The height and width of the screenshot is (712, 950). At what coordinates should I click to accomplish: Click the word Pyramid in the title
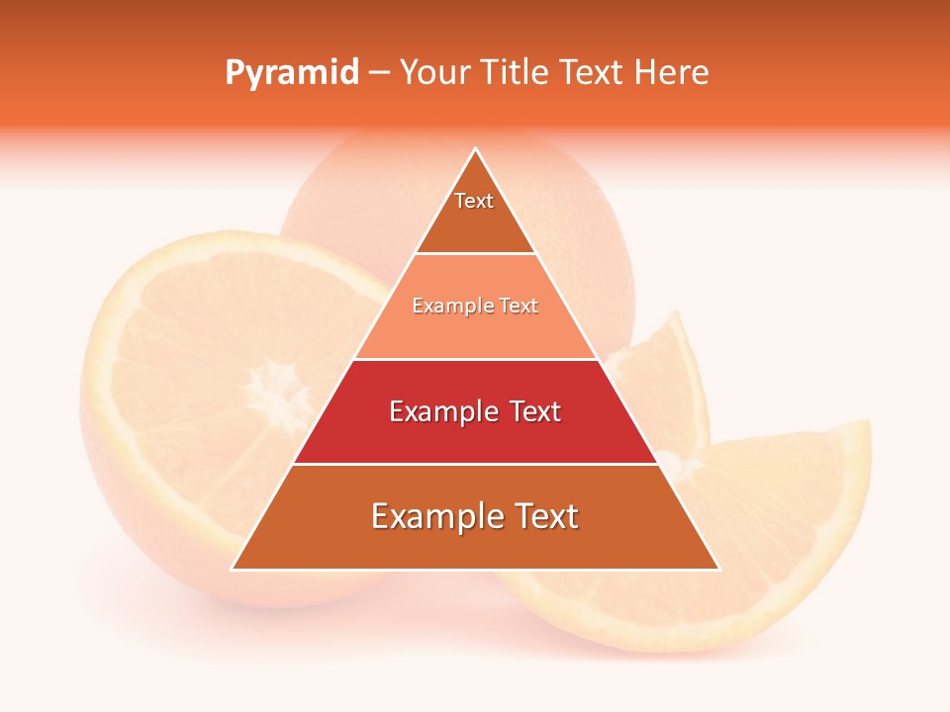292,73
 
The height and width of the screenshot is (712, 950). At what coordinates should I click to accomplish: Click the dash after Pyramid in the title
379,73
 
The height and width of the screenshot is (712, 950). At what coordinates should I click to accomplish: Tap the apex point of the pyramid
475,149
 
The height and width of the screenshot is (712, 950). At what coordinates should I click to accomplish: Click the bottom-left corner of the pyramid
233,569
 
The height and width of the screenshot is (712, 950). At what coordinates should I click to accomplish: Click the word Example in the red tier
442,411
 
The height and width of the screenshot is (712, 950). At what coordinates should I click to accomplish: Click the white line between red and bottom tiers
475,464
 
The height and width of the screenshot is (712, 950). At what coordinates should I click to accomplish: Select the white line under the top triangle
475,254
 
